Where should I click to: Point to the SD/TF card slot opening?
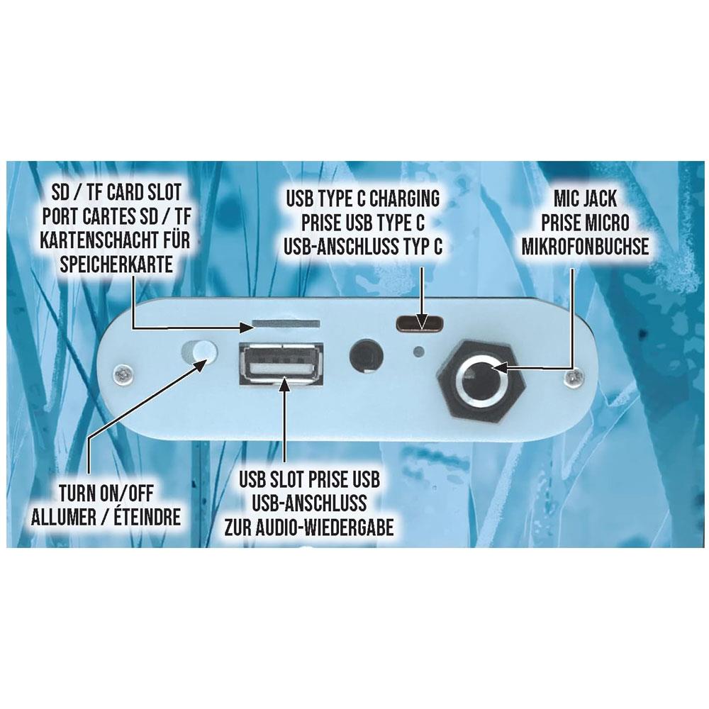pyautogui.click(x=286, y=324)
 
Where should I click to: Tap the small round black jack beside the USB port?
pyautogui.click(x=367, y=355)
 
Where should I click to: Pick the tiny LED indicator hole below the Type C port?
pyautogui.click(x=420, y=351)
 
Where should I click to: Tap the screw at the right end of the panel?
pyautogui.click(x=574, y=377)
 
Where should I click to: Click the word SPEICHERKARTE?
pyautogui.click(x=116, y=264)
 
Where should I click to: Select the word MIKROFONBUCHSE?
pyautogui.click(x=585, y=247)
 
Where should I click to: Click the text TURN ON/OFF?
pyautogui.click(x=106, y=493)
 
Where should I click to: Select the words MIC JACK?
pyautogui.click(x=585, y=199)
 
